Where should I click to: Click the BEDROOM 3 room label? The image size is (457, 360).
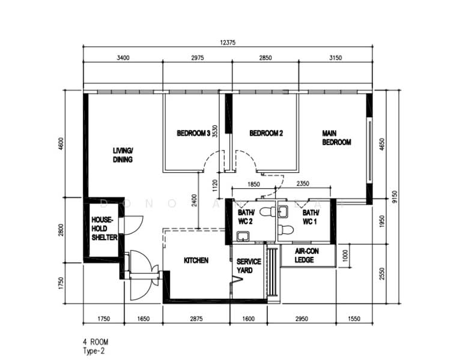(193, 133)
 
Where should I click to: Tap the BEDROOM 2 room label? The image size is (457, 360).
(266, 133)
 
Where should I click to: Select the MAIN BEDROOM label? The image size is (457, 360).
(336, 138)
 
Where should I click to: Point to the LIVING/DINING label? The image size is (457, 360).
(123, 155)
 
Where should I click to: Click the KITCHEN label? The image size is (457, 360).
(196, 260)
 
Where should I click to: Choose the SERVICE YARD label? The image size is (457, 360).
(249, 266)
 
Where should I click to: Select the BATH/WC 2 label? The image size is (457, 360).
(246, 217)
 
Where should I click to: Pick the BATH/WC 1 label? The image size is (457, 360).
(310, 217)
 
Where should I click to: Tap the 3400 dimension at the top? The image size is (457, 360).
(123, 58)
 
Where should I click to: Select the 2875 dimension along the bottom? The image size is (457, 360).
(196, 319)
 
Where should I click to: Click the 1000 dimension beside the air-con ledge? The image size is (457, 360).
(345, 255)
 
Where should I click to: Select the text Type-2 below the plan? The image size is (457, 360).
(95, 350)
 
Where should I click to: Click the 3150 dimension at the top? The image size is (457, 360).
(336, 58)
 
